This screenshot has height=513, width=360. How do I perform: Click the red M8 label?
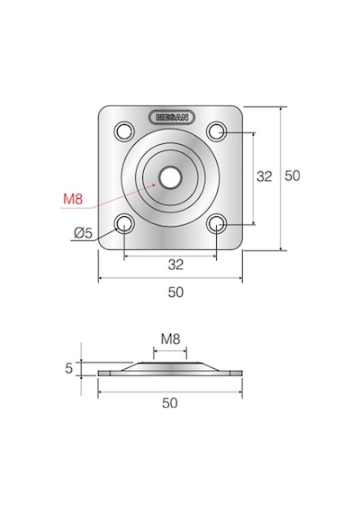coord(73,199)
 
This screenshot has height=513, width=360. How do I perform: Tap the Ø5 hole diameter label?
coord(83,233)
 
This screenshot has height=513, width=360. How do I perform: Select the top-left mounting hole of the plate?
coord(124,131)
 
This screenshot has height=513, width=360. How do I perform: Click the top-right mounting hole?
coord(216,131)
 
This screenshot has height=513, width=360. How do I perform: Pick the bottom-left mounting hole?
coord(124,224)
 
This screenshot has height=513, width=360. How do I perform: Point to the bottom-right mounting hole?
coord(216,224)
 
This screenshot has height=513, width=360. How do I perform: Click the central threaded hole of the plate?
coord(170,177)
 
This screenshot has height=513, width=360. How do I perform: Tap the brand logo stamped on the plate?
coord(172,117)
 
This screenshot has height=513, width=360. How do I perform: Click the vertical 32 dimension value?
coord(264,176)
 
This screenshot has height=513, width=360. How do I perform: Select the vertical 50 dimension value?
coord(292,175)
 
